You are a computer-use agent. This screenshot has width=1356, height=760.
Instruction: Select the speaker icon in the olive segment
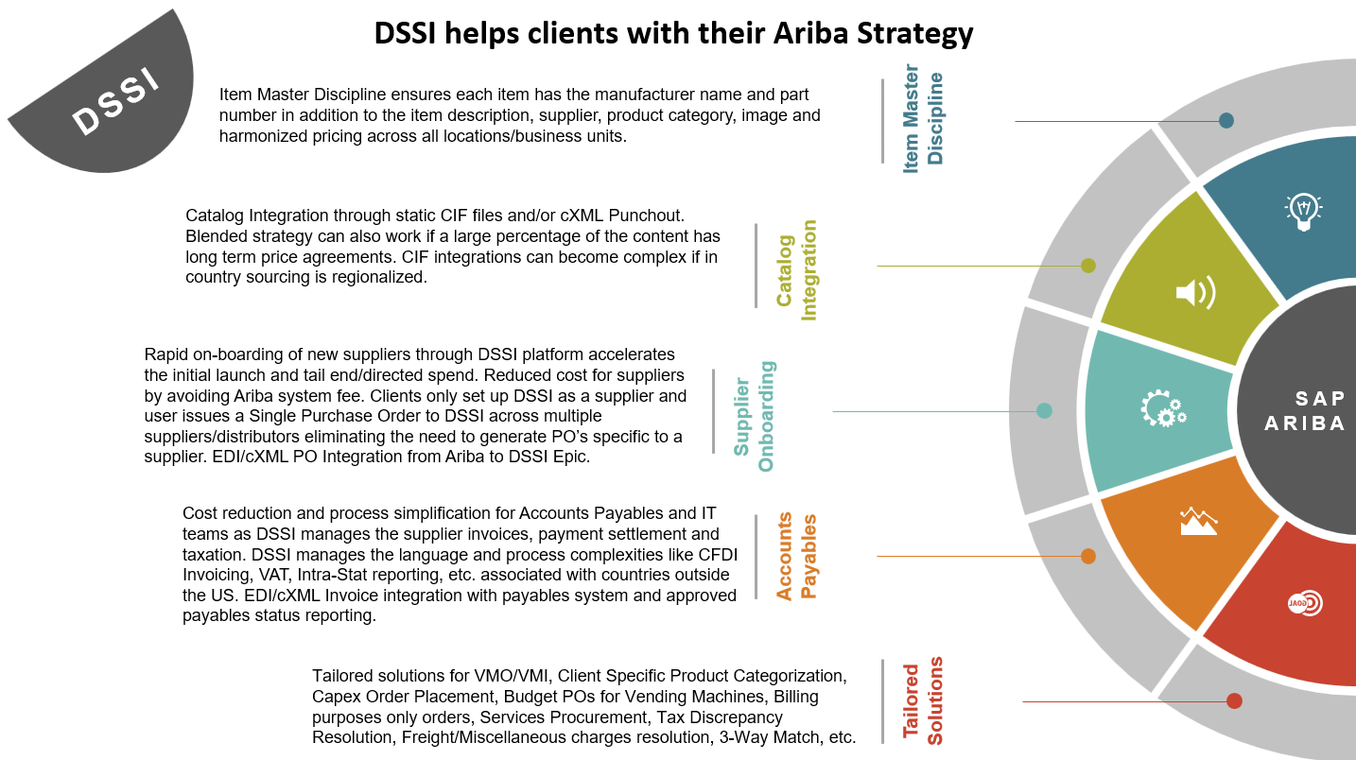click(x=1194, y=293)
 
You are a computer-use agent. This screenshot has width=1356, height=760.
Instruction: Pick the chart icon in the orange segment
click(x=1197, y=521)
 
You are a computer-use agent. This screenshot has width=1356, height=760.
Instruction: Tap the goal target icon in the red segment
click(x=1305, y=603)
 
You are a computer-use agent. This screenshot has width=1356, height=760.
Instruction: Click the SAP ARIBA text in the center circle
click(x=1306, y=411)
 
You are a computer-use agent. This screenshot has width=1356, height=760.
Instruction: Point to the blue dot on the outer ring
click(x=1226, y=121)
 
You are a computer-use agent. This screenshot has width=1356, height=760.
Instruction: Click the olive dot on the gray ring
click(x=1088, y=266)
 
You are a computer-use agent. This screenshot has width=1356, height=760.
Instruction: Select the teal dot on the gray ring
click(x=1044, y=410)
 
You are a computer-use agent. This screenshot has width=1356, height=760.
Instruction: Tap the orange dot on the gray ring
click(x=1088, y=556)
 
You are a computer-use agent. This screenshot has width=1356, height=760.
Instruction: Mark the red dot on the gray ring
click(x=1234, y=701)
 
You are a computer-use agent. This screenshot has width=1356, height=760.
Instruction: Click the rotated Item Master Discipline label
click(x=923, y=120)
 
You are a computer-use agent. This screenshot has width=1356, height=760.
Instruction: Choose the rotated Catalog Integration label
click(x=796, y=269)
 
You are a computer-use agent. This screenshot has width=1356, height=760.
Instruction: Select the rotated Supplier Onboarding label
click(x=754, y=416)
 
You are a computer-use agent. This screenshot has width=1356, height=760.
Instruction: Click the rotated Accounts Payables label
click(x=796, y=557)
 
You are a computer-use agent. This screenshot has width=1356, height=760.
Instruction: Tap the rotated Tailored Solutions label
click(x=923, y=701)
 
